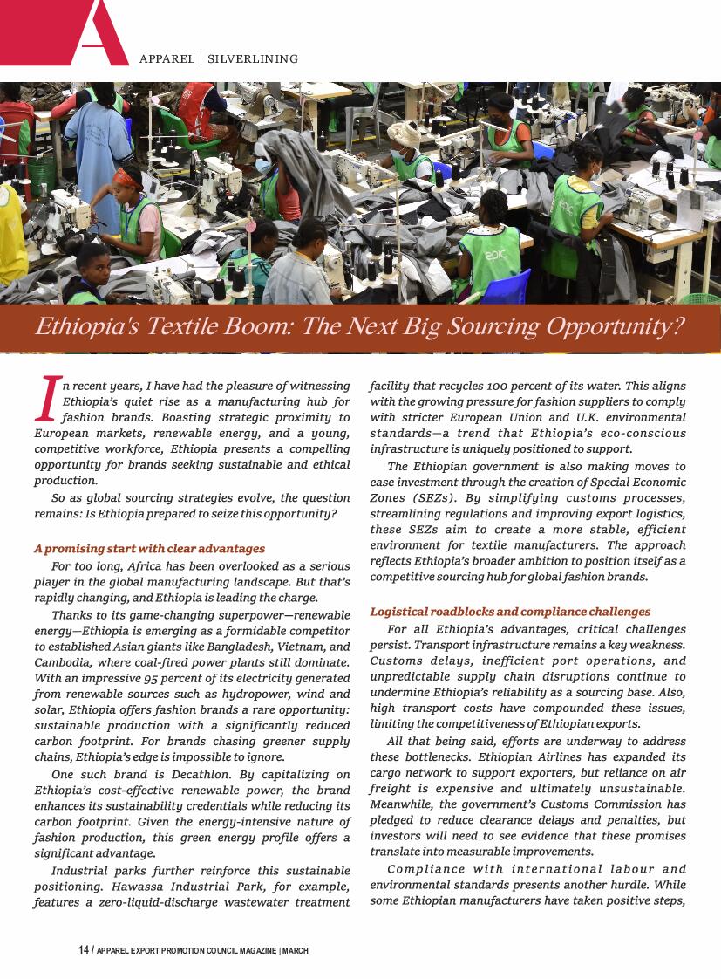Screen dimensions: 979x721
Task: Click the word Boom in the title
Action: coord(237,327)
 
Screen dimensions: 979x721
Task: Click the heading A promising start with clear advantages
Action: coord(149,549)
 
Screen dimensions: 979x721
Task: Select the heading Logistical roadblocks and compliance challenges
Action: coord(510,612)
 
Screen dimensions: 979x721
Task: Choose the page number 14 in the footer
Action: coord(84,950)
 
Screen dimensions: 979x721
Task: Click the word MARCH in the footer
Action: coord(295,950)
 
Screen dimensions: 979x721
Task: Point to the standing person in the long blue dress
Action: coord(100,148)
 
